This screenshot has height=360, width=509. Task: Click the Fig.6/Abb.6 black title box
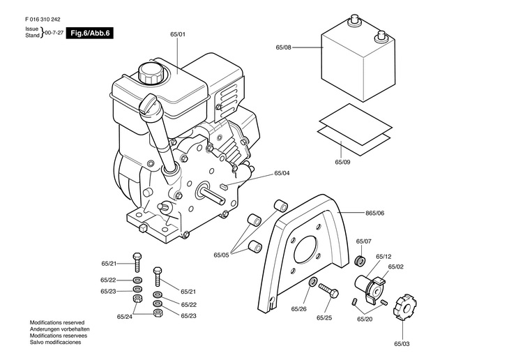tap(89, 33)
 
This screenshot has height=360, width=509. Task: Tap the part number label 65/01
tap(178, 34)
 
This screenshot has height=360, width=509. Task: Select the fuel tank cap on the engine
tap(150, 74)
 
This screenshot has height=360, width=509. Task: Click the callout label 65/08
tap(283, 47)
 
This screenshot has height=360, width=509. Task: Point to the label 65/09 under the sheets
tap(342, 162)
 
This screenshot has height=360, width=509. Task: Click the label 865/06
tap(374, 213)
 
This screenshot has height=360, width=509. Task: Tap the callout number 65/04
tap(282, 173)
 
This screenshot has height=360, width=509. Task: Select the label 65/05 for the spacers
tap(221, 255)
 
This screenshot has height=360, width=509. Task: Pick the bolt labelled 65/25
tap(328, 290)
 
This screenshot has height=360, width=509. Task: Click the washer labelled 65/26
tap(313, 281)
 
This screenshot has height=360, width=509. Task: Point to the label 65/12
tap(383, 257)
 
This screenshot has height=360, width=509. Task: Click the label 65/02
tap(396, 267)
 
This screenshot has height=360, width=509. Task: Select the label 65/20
tap(365, 319)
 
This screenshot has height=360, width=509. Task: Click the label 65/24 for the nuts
tap(125, 317)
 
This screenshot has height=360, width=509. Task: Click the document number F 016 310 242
tap(43, 20)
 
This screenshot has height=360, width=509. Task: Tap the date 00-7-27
tap(54, 33)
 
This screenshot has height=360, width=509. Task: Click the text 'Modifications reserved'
tap(57, 322)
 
